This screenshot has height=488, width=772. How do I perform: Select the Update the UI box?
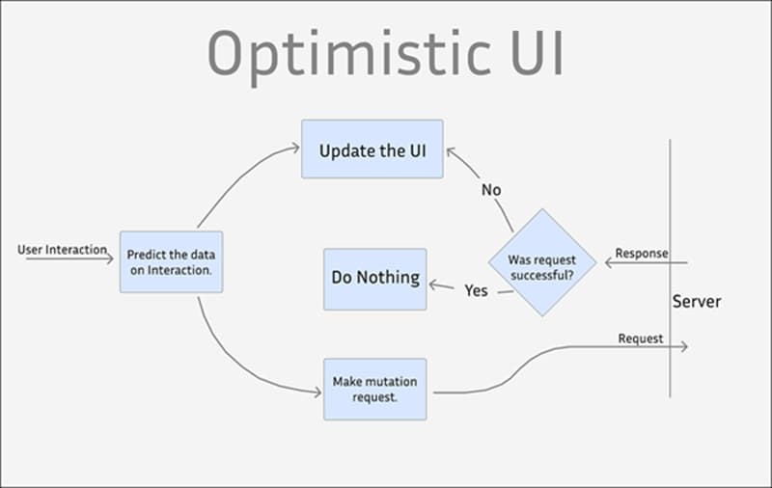pos(372,149)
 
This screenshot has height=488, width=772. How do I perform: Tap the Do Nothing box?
pos(375,278)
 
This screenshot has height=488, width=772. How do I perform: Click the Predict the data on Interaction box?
pos(171,262)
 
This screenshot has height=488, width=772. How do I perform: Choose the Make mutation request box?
pos(374,389)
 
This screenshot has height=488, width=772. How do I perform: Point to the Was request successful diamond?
pos(541,261)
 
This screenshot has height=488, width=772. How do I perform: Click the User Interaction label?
pos(63,249)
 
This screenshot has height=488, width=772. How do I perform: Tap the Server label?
pos(697,302)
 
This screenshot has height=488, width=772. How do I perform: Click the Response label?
pos(642,253)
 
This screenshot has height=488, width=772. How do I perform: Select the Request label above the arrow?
pos(641,339)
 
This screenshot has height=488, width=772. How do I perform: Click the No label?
pos(491,190)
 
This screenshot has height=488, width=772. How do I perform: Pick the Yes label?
pos(476,290)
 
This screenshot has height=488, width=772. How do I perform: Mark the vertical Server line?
pos(670,193)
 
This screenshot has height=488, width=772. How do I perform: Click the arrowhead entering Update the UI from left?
pos(295,148)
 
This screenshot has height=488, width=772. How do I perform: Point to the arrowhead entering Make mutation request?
pos(317,392)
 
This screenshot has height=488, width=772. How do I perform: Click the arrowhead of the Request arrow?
pos(684,346)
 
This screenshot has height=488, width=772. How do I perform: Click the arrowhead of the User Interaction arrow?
pos(110,258)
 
